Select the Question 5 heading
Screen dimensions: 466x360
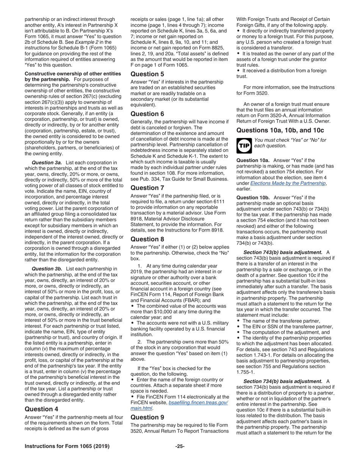coord(147,74)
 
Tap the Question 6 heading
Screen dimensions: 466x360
coord(147,114)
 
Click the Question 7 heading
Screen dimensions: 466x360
coord(147,188)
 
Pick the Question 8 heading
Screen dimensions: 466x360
coord(147,239)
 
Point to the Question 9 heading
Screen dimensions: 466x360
coord(147,417)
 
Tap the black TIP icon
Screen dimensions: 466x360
coord(243,144)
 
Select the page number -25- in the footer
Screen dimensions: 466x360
coord(180,446)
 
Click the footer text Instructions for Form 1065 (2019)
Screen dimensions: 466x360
coord(67,446)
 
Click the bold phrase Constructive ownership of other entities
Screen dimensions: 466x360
coord(73,73)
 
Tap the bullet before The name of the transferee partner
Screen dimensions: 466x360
coord(238,321)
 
